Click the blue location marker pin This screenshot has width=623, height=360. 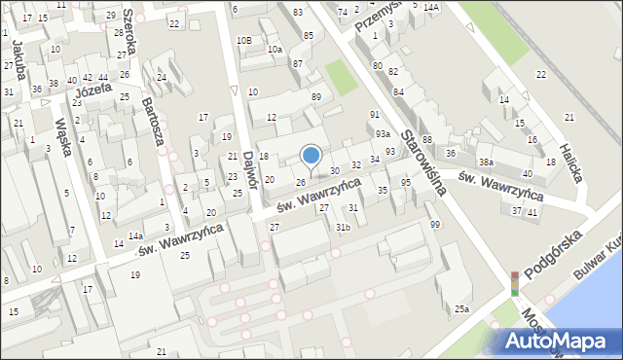[311, 156]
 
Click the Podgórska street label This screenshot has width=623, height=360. [552, 255]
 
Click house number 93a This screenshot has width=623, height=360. [384, 133]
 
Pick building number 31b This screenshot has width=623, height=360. [343, 228]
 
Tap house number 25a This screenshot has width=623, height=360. [461, 309]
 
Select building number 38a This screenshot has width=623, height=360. [485, 162]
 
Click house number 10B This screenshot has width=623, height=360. [243, 40]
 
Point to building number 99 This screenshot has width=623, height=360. [434, 225]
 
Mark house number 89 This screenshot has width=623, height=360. [315, 97]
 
